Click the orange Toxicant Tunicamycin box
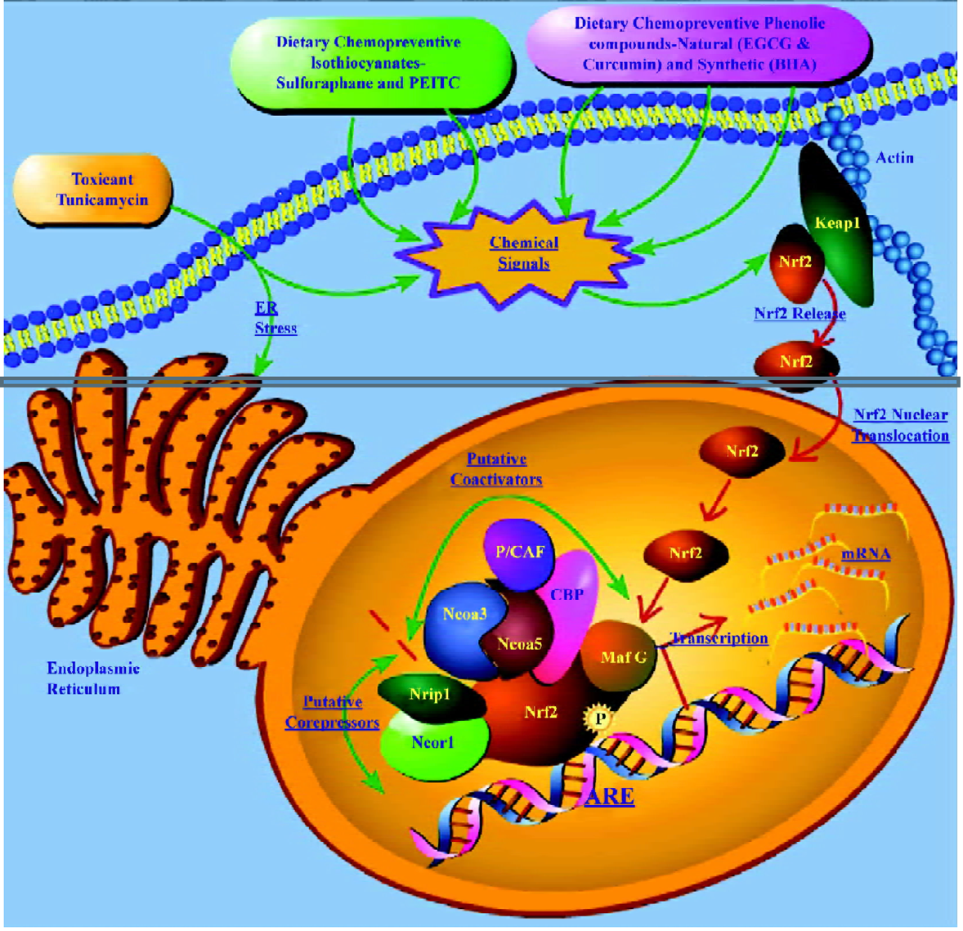[x=93, y=190]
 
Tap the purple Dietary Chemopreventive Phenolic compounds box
[x=700, y=44]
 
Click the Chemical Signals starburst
[x=523, y=253]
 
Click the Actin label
[x=894, y=158]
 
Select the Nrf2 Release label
[x=799, y=314]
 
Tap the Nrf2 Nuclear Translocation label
[x=901, y=425]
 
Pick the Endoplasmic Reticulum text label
[x=83, y=678]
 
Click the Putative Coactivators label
[x=496, y=469]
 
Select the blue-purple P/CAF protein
[x=519, y=553]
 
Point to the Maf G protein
[x=623, y=656]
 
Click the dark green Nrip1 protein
[x=429, y=695]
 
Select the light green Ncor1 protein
[x=433, y=742]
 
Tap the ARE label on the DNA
[x=609, y=795]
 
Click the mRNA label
[x=865, y=554]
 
